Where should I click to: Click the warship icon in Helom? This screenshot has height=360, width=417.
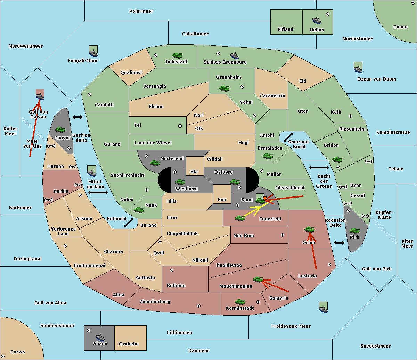coord(317,20)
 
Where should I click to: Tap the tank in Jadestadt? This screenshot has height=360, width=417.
coord(177,55)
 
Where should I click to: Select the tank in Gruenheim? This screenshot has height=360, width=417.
coord(224,88)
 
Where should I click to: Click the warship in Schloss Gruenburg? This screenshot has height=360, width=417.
coord(235,56)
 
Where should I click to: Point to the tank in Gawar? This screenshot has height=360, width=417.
coord(60,129)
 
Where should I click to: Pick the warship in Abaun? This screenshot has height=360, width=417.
coord(100,338)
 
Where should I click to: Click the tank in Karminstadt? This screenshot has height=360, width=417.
coord(240,302)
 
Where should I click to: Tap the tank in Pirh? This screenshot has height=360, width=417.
coord(355,231)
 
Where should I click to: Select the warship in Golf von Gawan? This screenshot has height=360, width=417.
coord(40,97)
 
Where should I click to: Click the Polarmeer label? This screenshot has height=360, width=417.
coord(141,11)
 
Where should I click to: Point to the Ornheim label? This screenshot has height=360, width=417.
coord(129,344)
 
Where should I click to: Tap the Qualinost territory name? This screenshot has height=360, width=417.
coord(131,72)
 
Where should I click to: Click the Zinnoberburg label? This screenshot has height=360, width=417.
coord(155,302)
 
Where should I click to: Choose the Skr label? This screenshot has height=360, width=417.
coord(195,171)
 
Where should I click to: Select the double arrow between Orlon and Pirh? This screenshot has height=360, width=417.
coord(339,243)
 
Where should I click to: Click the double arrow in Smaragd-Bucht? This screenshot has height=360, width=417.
coord(288,137)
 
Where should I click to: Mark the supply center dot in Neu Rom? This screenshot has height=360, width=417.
coord(283,235)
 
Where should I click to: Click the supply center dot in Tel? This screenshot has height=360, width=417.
coord(180,126)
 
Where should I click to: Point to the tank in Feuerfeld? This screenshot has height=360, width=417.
coord(240,218)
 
